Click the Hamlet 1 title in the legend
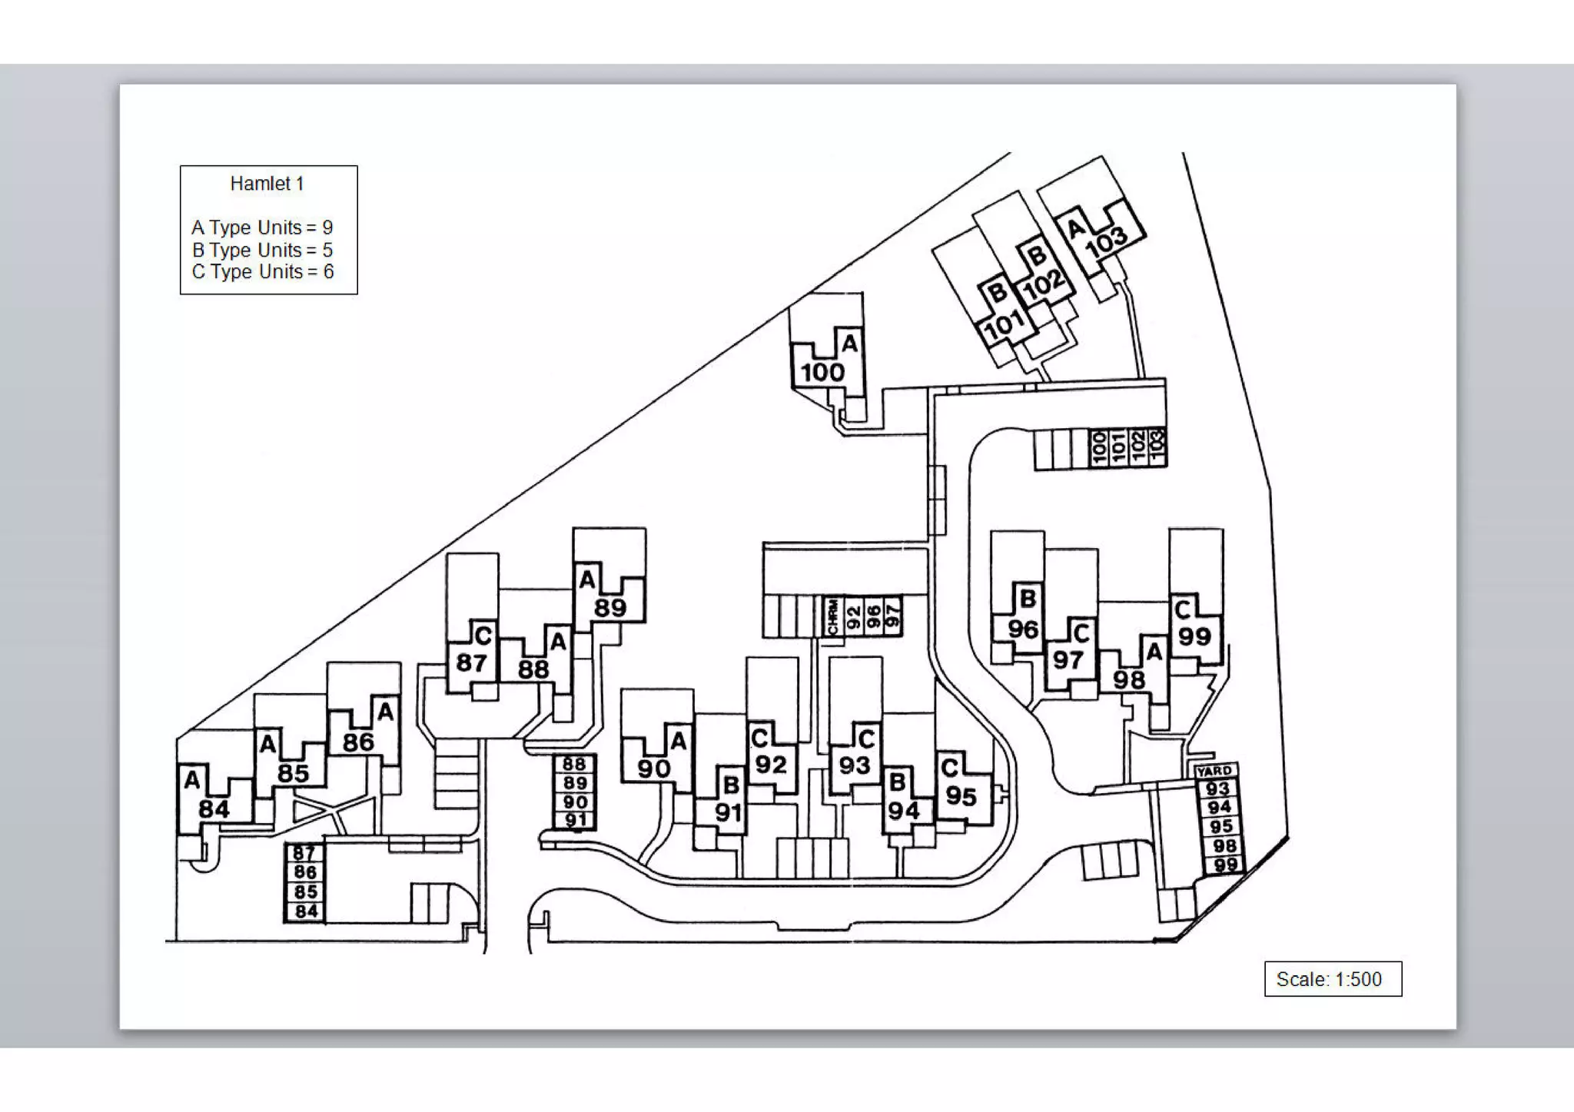click(x=267, y=184)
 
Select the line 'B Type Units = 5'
click(x=262, y=250)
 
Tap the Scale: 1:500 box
click(x=1332, y=979)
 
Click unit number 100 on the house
click(x=822, y=373)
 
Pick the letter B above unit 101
click(x=997, y=292)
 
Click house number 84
click(x=214, y=809)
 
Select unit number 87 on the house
click(x=471, y=662)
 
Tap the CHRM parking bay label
click(x=832, y=617)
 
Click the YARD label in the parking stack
click(x=1214, y=771)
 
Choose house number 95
click(x=961, y=796)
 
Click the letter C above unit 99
click(x=1183, y=610)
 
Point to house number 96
click(x=1023, y=629)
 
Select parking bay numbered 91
click(x=576, y=820)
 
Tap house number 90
click(x=653, y=768)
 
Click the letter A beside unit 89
click(x=587, y=579)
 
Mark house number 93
click(x=854, y=765)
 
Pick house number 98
click(x=1128, y=679)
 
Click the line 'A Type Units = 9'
click(x=262, y=227)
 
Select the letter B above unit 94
click(x=896, y=782)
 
